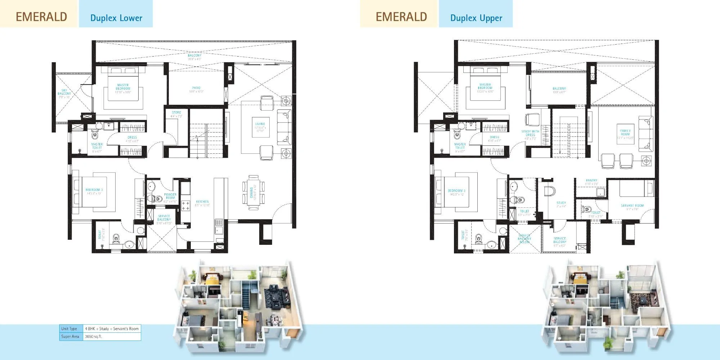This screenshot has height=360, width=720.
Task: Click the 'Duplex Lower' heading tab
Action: coord(116,18)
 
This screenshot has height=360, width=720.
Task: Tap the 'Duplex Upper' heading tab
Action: coord(476,18)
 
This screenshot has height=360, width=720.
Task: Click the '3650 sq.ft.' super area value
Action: coord(94,337)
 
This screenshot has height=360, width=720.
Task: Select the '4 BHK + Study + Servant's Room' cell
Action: coord(112,329)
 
